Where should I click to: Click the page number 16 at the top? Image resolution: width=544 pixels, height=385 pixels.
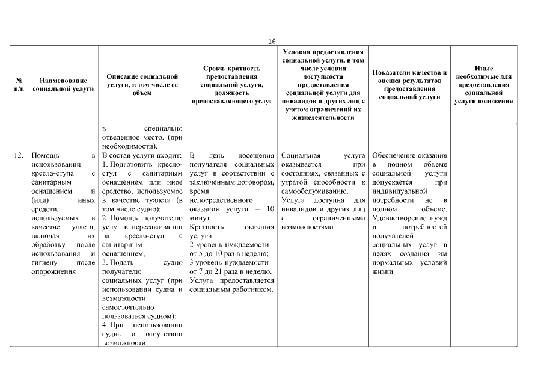(x=272, y=42)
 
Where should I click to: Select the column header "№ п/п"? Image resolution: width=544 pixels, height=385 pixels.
(x=19, y=85)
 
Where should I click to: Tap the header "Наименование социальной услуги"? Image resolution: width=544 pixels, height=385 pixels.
(x=63, y=85)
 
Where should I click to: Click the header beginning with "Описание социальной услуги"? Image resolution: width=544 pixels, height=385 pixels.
(x=142, y=85)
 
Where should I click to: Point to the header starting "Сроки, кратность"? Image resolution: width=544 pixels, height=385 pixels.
(x=231, y=85)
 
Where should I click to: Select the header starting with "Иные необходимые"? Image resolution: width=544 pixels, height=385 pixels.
(x=483, y=85)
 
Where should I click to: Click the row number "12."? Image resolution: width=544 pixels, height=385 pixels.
(x=19, y=155)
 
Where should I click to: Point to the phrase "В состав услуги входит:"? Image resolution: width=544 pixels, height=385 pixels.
(x=142, y=155)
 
